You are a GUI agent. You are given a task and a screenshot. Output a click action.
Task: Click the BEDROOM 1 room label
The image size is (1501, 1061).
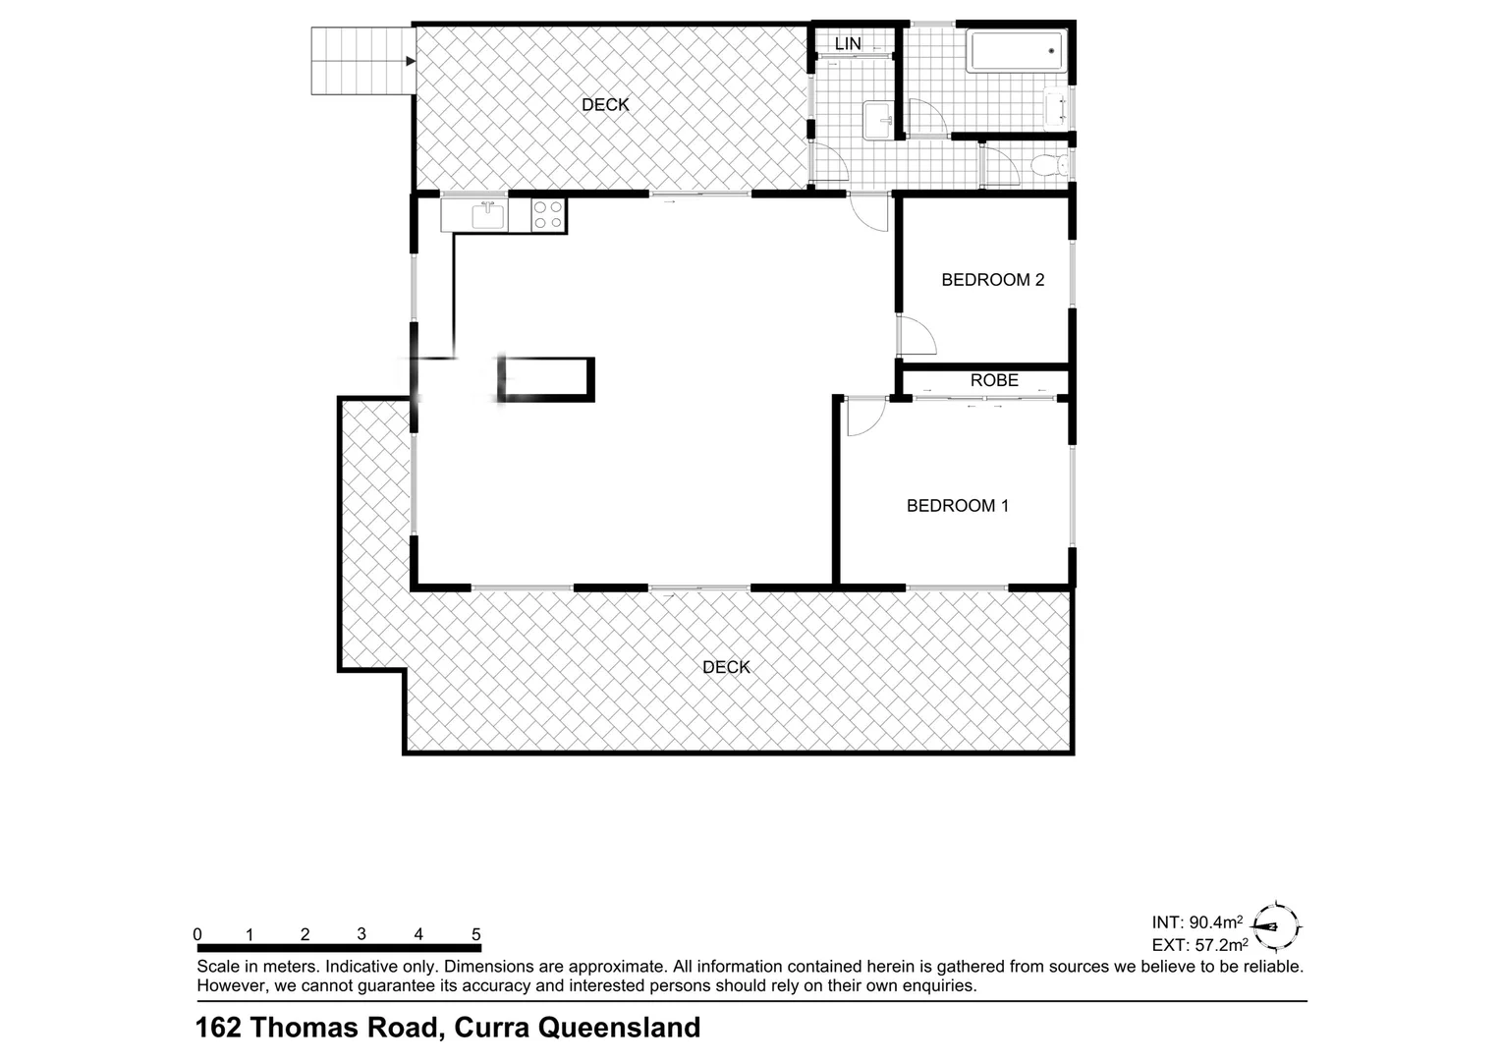(x=957, y=506)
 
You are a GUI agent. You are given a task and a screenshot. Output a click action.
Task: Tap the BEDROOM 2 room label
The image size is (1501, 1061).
(x=992, y=280)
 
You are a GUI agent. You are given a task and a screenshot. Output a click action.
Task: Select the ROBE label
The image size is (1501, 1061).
(x=994, y=380)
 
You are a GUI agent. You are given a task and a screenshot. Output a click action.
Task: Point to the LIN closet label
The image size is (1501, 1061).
(x=848, y=44)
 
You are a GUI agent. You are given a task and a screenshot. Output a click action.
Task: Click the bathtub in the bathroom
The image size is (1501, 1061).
(x=1017, y=51)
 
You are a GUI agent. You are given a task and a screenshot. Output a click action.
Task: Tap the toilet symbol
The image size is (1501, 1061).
(x=1048, y=165)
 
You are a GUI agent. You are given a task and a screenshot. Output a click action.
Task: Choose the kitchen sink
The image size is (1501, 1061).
(x=488, y=214)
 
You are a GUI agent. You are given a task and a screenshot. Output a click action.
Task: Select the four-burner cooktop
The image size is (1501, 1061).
(x=548, y=215)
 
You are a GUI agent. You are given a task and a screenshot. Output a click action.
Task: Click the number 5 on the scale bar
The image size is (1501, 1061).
(x=476, y=935)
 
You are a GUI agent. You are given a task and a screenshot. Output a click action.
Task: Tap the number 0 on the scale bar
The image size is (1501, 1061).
(x=197, y=935)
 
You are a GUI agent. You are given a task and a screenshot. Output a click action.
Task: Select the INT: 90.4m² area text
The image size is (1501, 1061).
(x=1197, y=922)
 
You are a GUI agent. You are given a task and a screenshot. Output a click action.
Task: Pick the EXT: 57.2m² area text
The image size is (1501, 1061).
(x=1199, y=946)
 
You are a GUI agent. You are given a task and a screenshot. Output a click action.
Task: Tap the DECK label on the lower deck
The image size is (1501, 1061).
(x=726, y=667)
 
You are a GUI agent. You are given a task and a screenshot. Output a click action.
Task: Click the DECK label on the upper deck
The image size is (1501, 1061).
(x=605, y=105)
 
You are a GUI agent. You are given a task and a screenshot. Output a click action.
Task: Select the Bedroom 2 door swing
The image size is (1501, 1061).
(x=916, y=336)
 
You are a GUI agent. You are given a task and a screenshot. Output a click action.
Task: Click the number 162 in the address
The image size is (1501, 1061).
(x=219, y=1028)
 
